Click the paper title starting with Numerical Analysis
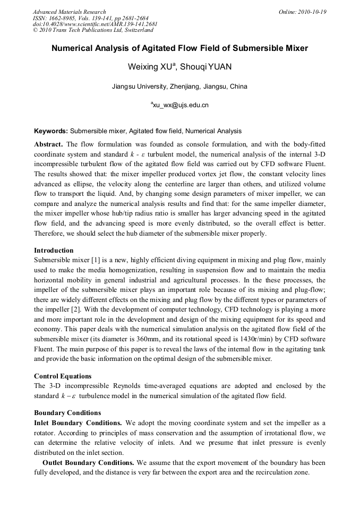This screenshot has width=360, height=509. pyautogui.click(x=179, y=48)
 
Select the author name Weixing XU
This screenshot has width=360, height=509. pyautogui.click(x=150, y=68)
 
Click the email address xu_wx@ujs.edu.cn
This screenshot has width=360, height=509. pyautogui.click(x=180, y=105)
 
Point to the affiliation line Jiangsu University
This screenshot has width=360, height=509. pyautogui.click(x=179, y=87)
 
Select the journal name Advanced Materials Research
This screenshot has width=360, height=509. pyautogui.click(x=69, y=12)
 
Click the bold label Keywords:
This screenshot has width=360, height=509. pyautogui.click(x=51, y=131)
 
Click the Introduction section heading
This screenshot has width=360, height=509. pyautogui.click(x=54, y=250)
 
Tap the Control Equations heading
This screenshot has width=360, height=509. pyautogui.click(x=59, y=376)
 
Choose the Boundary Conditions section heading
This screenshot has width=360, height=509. pyautogui.click(x=67, y=412)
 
